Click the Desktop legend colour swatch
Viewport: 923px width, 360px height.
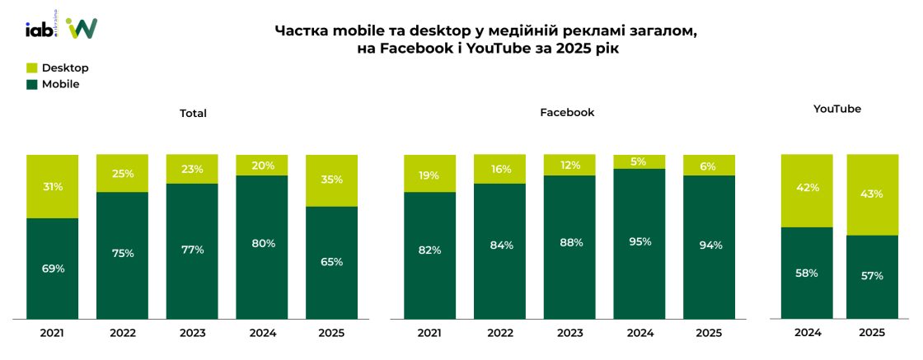click(32, 68)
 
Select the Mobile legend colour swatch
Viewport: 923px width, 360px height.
click(32, 84)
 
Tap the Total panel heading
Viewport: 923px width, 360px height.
click(193, 113)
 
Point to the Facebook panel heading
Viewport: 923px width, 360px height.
click(567, 112)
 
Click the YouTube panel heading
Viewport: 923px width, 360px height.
click(837, 109)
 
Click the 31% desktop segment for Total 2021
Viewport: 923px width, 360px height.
click(52, 187)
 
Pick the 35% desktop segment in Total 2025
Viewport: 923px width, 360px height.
click(331, 180)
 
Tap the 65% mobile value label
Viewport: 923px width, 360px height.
click(331, 262)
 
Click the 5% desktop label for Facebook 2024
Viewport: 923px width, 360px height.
click(640, 162)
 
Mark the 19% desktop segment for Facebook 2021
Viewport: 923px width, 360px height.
click(429, 175)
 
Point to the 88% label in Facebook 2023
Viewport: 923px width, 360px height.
click(569, 242)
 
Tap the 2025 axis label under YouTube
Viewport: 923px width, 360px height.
click(872, 333)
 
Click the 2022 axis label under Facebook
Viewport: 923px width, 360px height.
click(499, 333)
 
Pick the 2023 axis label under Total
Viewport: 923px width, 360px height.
click(192, 333)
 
